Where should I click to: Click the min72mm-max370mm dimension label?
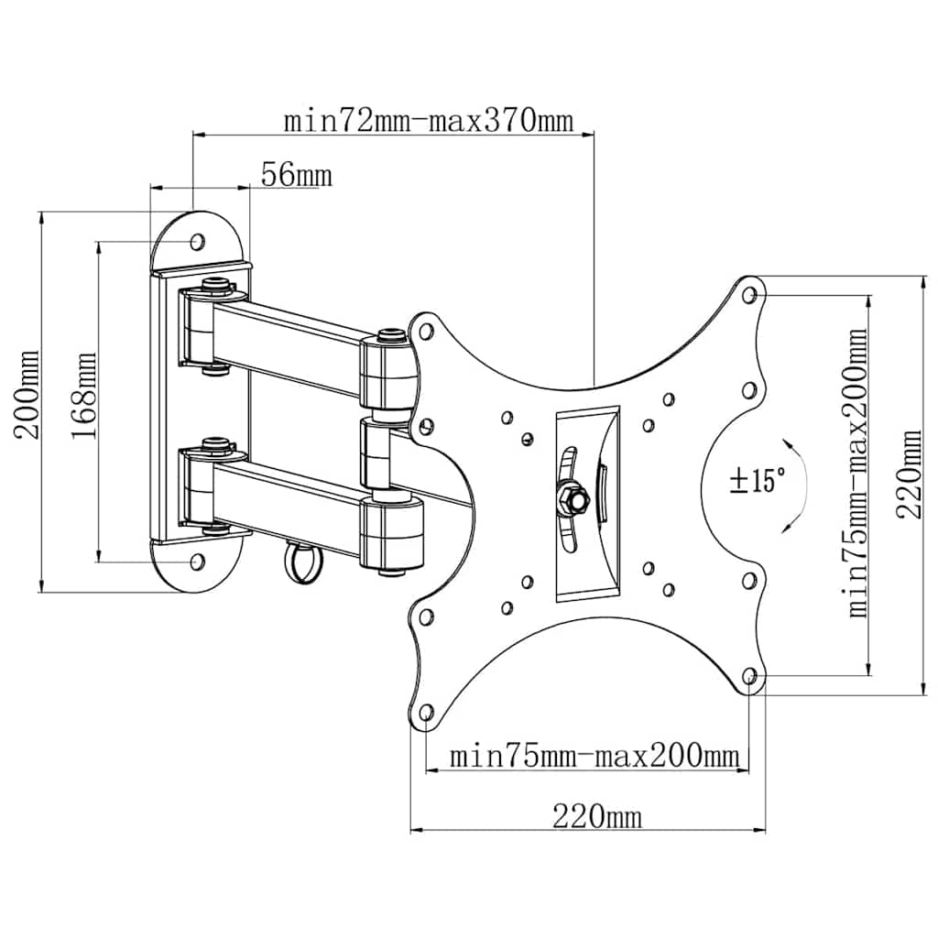pos(429,122)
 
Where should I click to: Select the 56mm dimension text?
pos(296,175)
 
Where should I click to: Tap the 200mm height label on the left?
pos(27,395)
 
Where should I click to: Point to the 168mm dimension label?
pos(83,396)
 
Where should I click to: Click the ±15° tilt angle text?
pos(758,480)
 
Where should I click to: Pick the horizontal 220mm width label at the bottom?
pos(597,816)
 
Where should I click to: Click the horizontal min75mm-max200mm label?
pos(594,756)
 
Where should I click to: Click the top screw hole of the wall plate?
pos(198,242)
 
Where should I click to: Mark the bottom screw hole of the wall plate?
pos(197,562)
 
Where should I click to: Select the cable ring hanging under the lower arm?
pos(302,561)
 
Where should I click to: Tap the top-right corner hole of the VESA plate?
pos(749,295)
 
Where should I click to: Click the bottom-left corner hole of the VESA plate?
pos(427,712)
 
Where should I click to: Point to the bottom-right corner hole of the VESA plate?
pos(749,676)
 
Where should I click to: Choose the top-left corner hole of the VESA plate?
pos(426,331)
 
